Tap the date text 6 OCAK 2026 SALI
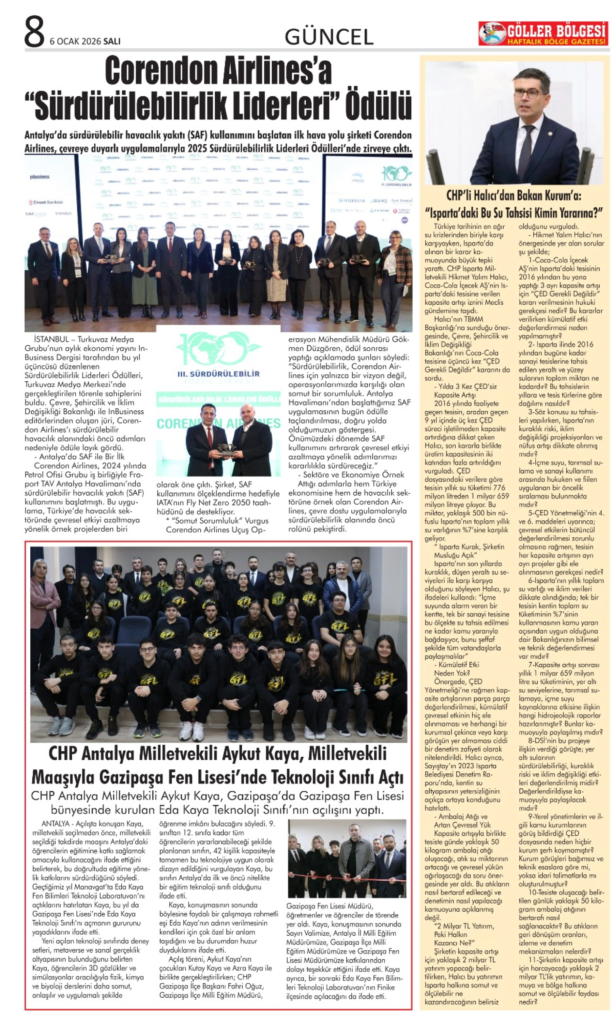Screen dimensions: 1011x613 pos(85,41)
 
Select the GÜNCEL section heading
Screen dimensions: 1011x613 pos(329,37)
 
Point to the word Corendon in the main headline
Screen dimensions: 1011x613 pos(161,72)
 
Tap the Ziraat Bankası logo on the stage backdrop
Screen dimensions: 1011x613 pos(46,202)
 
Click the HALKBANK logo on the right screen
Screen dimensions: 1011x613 pos(352,200)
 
